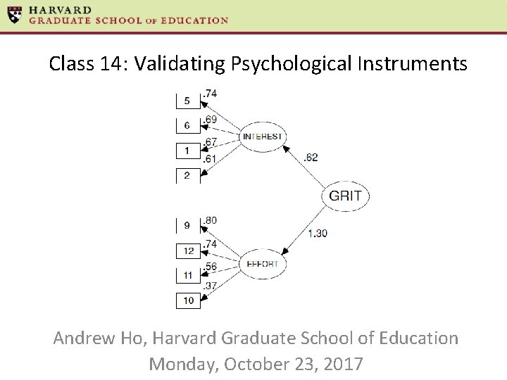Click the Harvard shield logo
click(x=14, y=15)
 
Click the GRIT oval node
click(x=345, y=195)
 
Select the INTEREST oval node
click(x=262, y=137)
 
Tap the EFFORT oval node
click(x=262, y=264)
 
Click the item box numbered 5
click(x=187, y=101)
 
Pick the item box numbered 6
click(x=187, y=125)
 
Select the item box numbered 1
click(x=187, y=151)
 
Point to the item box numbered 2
click(x=187, y=175)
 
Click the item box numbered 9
click(x=187, y=226)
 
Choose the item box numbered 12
click(x=187, y=251)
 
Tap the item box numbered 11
click(x=187, y=275)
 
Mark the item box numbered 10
click(x=187, y=300)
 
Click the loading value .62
click(x=311, y=157)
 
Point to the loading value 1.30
click(x=318, y=233)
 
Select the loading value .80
click(x=210, y=220)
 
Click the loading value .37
click(x=210, y=286)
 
